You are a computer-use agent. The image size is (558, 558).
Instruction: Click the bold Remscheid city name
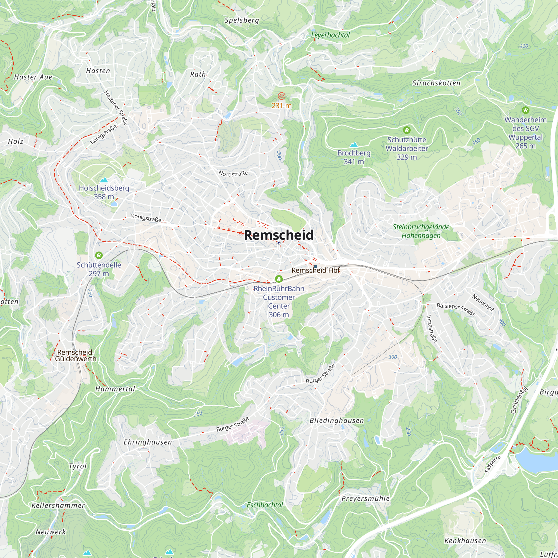click(278, 235)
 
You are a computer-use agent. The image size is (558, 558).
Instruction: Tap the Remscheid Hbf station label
click(315, 270)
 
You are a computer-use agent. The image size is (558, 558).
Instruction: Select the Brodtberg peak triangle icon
click(353, 145)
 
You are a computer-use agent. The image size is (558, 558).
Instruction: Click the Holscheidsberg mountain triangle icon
click(104, 180)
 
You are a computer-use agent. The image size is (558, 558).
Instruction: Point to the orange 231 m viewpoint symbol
click(281, 96)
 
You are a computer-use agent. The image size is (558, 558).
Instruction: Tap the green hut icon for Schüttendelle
click(99, 255)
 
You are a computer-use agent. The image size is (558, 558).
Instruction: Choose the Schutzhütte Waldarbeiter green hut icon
click(407, 130)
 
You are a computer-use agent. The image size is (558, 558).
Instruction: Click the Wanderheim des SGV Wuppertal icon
click(525, 110)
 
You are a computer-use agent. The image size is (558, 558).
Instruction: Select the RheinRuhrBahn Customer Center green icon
click(279, 279)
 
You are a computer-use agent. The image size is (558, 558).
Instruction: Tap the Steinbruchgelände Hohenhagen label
click(421, 231)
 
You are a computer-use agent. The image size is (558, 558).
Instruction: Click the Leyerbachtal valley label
click(330, 35)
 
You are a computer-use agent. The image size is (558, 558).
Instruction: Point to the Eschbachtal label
click(264, 505)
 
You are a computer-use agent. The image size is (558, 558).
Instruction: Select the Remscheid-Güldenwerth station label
click(76, 355)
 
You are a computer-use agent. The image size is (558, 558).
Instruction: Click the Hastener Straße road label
click(116, 108)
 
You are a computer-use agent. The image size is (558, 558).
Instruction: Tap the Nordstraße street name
click(233, 173)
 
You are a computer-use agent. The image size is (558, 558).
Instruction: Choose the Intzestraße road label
click(432, 329)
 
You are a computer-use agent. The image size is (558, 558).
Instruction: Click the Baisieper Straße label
click(456, 310)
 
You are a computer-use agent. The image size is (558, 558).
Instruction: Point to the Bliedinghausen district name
click(336, 420)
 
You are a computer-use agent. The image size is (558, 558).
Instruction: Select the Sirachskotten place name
click(436, 83)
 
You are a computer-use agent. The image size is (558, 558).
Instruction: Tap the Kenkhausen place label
click(465, 541)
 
